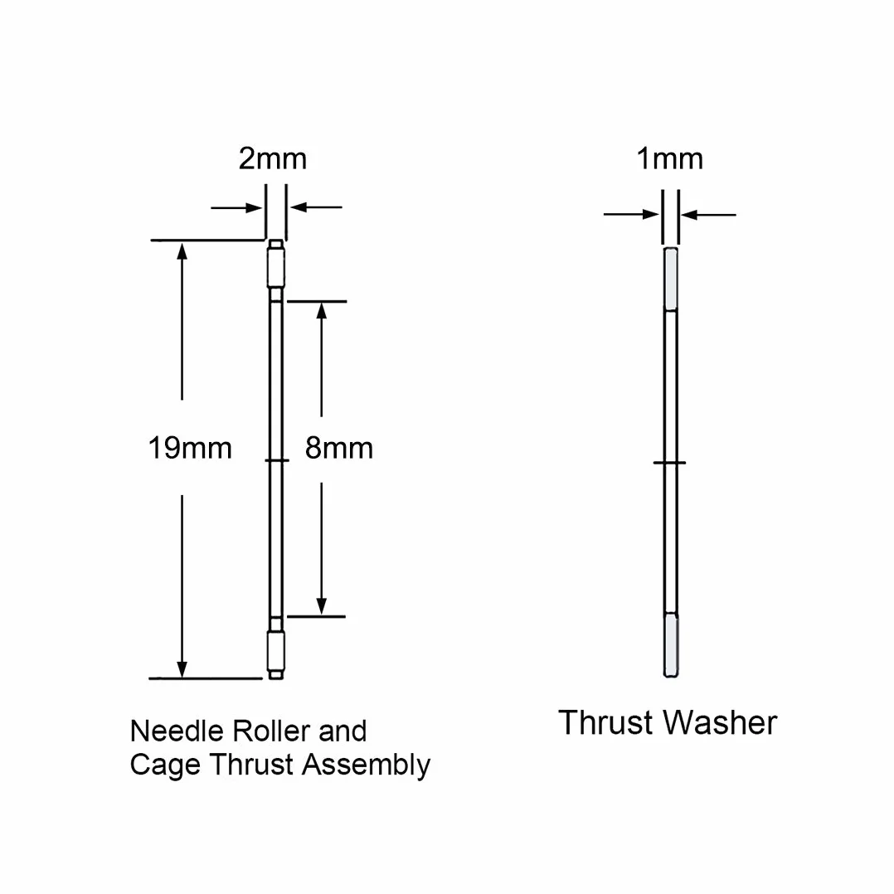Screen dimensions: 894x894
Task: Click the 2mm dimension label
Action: point(273,158)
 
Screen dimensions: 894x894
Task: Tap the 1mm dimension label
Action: point(669,158)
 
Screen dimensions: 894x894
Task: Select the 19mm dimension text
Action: point(190,448)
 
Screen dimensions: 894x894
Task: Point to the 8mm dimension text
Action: point(338,448)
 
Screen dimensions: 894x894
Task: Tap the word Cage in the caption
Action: point(165,765)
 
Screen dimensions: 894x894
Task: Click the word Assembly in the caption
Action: point(366,765)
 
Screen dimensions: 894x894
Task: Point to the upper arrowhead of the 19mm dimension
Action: point(182,250)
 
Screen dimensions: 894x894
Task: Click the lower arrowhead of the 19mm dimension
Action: point(182,668)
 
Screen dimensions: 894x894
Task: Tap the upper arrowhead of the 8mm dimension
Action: point(322,311)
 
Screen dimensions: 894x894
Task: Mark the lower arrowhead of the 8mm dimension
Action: point(322,605)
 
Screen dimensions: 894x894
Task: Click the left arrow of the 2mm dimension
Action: point(236,207)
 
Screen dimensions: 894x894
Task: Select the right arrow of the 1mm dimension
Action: point(709,215)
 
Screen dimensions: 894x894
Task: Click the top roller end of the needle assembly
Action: point(276,264)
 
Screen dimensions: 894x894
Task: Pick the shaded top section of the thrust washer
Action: point(671,279)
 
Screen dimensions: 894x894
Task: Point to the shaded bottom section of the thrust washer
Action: point(671,645)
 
